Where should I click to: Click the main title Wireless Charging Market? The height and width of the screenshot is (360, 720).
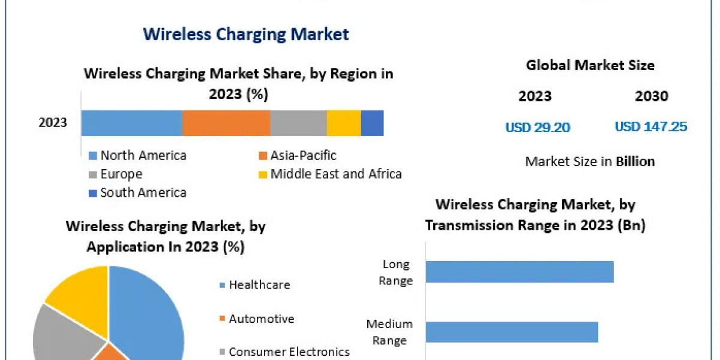[246, 34]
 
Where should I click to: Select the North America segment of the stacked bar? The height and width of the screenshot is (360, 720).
[131, 123]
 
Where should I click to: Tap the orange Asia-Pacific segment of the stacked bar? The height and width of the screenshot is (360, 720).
[226, 123]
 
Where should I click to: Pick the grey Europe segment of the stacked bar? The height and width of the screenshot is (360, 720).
[298, 123]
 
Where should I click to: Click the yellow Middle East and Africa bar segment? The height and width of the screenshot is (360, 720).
[344, 123]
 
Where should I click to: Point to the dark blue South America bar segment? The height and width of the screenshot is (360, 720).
[372, 123]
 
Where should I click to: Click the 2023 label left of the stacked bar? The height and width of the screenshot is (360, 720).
[53, 123]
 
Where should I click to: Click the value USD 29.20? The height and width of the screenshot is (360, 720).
[538, 127]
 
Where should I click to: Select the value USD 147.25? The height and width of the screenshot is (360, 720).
[651, 127]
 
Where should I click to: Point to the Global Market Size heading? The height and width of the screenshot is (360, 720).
[590, 65]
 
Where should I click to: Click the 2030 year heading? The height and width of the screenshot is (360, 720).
[651, 96]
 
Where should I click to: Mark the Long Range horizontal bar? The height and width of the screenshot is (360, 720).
[520, 272]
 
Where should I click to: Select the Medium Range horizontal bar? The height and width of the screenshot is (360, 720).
[512, 332]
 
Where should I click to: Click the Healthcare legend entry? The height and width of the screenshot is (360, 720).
[259, 284]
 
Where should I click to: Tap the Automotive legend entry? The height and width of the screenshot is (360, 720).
[261, 319]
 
